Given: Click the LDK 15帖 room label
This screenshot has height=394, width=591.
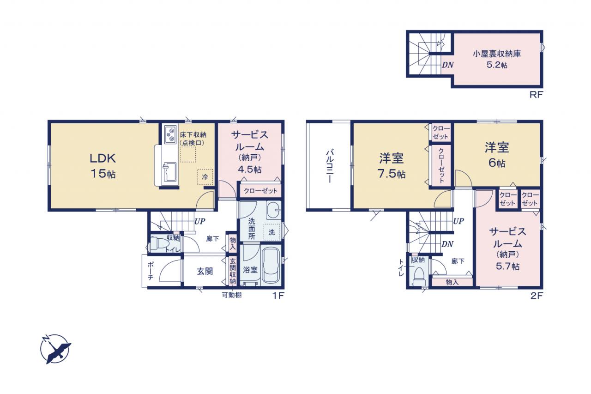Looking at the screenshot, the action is click(103, 166).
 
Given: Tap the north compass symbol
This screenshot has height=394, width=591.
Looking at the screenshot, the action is click(55, 349).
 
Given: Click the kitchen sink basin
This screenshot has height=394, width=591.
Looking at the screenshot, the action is click(169, 172).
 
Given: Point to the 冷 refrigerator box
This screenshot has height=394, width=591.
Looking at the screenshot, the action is click(205, 177).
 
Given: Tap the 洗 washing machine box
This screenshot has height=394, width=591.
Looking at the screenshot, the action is click(272, 232).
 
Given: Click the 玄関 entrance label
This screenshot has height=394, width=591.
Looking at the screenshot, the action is click(205, 271).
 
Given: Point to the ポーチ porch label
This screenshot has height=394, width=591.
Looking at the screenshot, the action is click(150, 271).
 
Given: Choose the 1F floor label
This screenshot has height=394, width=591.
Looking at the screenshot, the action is click(278, 296).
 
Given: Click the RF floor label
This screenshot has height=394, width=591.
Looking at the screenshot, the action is click(536, 95).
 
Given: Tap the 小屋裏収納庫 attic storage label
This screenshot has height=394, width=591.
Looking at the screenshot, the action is click(497, 54).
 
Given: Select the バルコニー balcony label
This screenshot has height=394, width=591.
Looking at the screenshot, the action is click(329, 166).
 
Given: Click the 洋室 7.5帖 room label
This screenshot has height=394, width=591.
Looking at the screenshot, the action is click(392, 166).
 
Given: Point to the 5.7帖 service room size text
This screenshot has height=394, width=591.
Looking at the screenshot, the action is click(507, 266).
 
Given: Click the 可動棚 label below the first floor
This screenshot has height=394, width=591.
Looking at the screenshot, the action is click(232, 295).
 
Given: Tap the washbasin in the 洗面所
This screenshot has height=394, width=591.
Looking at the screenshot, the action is click(273, 210).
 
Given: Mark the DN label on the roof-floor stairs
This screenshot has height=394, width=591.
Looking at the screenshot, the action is click(448, 65).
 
